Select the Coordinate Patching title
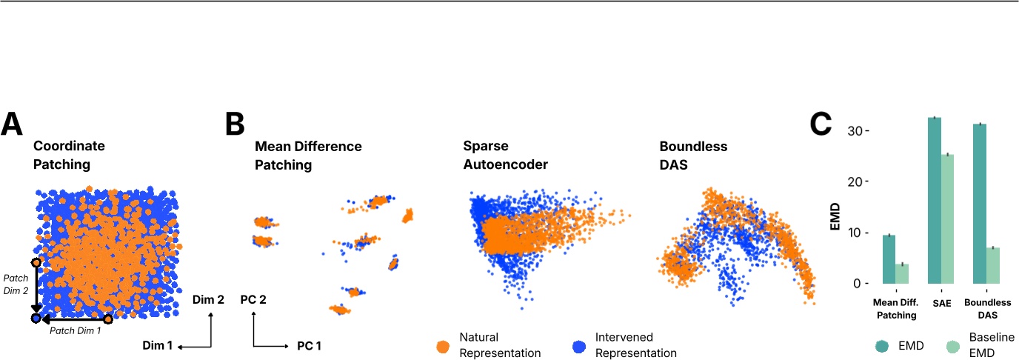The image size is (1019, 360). (x=69, y=154)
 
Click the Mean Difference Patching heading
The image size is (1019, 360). (x=308, y=154)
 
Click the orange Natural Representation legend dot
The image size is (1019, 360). (x=443, y=344)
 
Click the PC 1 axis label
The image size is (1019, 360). (x=310, y=346)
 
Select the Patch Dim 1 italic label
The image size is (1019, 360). (x=75, y=330)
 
